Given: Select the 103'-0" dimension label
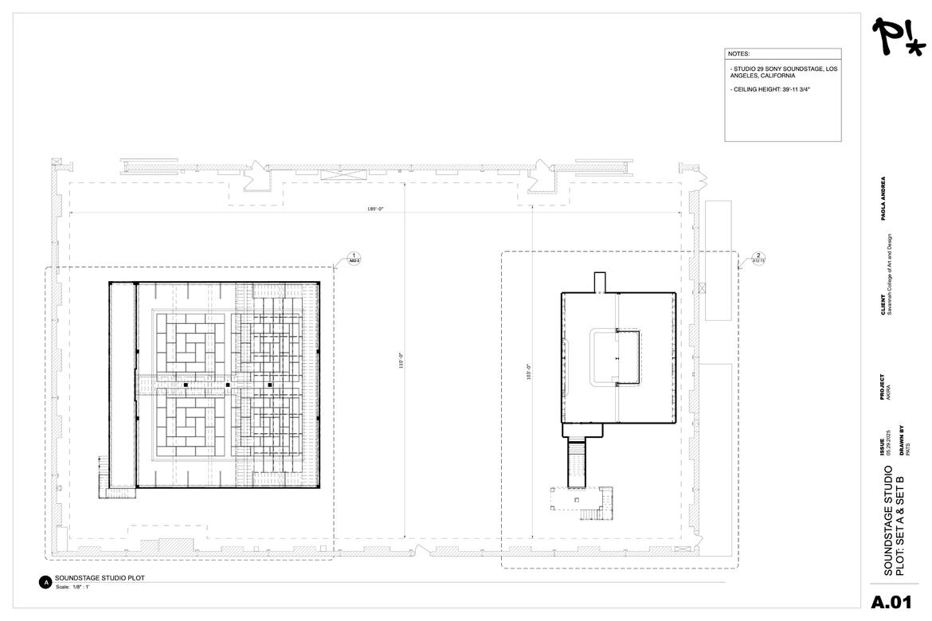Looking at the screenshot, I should point(528,372).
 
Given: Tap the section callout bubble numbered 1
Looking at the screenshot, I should point(353,258).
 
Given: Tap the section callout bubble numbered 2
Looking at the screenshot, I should point(758,258).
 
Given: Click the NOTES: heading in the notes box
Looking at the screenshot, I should point(738,54).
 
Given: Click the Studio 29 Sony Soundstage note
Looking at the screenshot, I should point(782,72).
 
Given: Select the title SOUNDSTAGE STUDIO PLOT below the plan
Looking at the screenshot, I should point(100,578).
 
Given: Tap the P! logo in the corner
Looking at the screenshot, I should point(898,37).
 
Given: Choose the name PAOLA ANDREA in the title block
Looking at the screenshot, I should point(883,198).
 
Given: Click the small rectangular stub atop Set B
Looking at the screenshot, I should point(600,283).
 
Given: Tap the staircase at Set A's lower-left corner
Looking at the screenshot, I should point(104,476).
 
